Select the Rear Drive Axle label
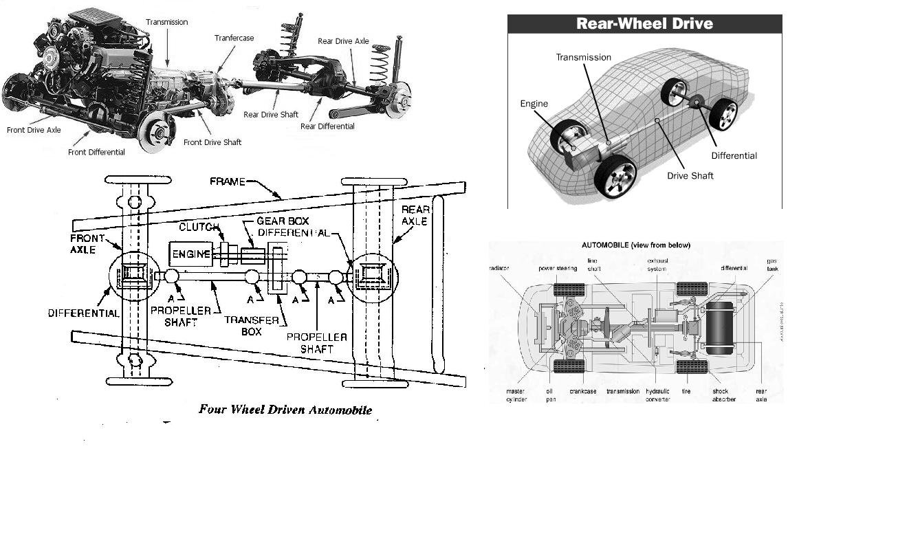[x=343, y=41]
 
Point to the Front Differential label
[x=96, y=152]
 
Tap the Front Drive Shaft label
[x=212, y=142]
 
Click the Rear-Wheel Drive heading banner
[x=644, y=23]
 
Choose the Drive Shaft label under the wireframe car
[x=690, y=176]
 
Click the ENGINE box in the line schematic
[x=192, y=254]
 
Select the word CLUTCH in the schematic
[x=199, y=228]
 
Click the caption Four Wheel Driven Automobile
[x=285, y=410]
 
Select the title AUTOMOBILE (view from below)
[x=636, y=245]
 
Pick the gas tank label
[x=773, y=265]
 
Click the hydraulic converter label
[x=657, y=395]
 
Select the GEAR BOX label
[x=283, y=221]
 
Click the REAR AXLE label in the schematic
[x=415, y=215]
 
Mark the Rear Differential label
[x=327, y=126]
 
